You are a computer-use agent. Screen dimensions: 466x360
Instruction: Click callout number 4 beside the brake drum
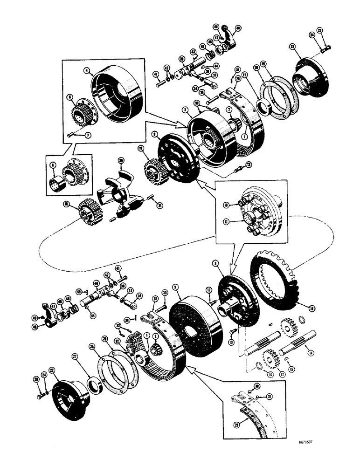[87, 71]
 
